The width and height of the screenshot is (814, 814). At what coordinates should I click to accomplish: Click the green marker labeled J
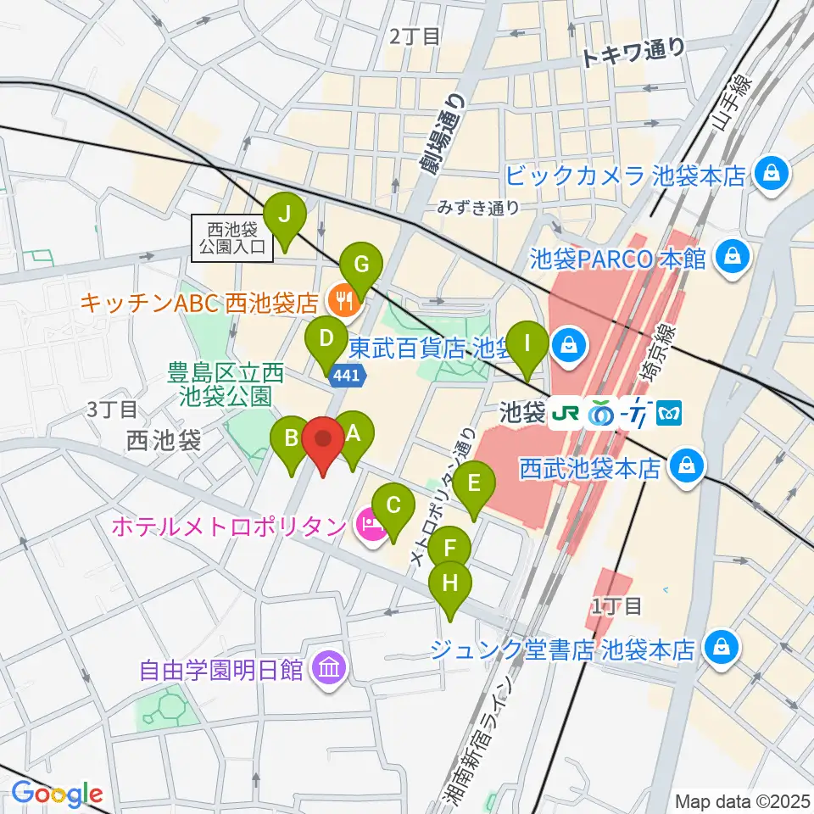pyautogui.click(x=284, y=217)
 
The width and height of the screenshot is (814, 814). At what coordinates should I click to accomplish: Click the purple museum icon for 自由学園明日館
pyautogui.click(x=326, y=668)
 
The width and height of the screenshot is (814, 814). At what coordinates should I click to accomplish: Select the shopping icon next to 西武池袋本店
pyautogui.click(x=683, y=466)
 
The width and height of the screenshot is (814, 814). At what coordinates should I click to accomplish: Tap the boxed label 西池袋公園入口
pyautogui.click(x=232, y=237)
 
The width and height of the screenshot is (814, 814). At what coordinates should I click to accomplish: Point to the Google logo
pyautogui.click(x=57, y=793)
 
